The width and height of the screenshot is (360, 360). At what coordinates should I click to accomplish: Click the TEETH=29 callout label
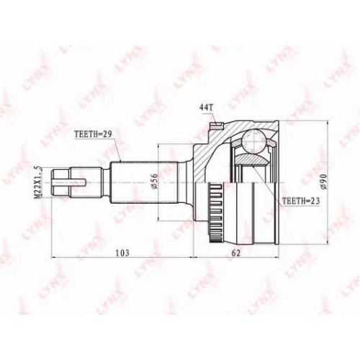tap(94, 135)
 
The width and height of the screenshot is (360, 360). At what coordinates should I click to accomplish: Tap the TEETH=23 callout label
tap(301, 201)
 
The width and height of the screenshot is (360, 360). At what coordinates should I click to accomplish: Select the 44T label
tap(206, 109)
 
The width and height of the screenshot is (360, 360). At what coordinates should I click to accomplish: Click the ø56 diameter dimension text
tap(155, 182)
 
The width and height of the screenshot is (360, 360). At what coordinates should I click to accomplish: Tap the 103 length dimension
tap(122, 253)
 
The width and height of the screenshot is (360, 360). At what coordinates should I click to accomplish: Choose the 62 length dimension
tap(236, 253)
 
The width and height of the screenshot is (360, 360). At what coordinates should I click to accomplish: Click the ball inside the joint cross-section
tap(253, 141)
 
